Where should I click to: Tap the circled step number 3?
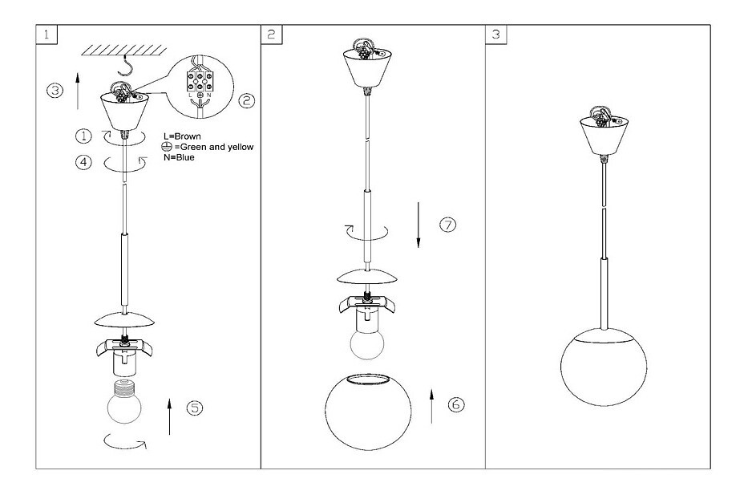click(54, 91)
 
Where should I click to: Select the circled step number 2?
click(247, 101)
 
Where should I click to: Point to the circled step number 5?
click(195, 408)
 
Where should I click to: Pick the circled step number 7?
click(447, 225)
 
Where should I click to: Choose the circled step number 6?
click(455, 405)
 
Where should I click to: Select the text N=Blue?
click(179, 157)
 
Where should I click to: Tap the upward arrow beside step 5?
click(170, 413)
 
